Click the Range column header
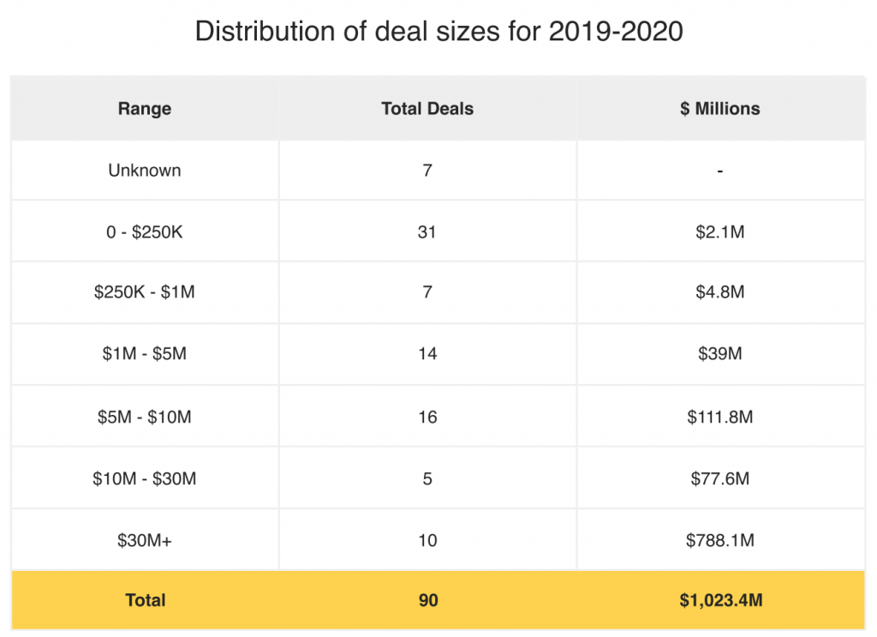[x=144, y=109]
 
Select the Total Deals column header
[x=427, y=109]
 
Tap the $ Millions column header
[x=719, y=109]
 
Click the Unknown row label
[x=144, y=170]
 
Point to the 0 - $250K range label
[x=144, y=231]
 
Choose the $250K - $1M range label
[x=144, y=291]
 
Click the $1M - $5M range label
[x=144, y=354]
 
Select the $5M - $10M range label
[x=144, y=417]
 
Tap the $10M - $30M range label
[x=144, y=478]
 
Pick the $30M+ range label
[x=144, y=540]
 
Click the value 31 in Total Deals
[x=427, y=231]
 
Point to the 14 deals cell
[x=427, y=354]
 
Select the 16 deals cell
[x=427, y=417]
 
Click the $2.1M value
[x=719, y=231]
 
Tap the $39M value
[x=719, y=354]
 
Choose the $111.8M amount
[x=719, y=417]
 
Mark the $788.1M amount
[x=719, y=540]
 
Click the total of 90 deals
[x=428, y=600]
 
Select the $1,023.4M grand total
[x=721, y=600]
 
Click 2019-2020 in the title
[x=616, y=31]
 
